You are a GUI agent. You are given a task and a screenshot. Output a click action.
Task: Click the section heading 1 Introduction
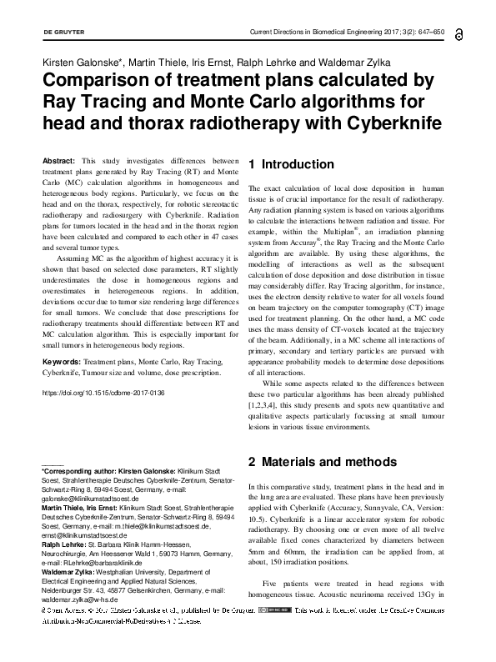[x=291, y=165]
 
